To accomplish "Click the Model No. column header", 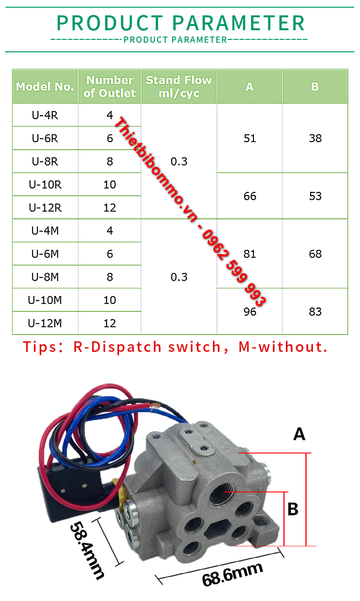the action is pos(45,87).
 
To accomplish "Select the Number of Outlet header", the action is pos(109,86).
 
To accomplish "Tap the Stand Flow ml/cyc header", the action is pos(179,86).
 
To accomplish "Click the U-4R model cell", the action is pos(45,115).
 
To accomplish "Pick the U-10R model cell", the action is pos(45,185).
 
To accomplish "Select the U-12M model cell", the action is pos(45,324).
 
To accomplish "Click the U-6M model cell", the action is pos(45,254).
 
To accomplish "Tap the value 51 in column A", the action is pos(250,138).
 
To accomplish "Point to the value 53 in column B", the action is pos(315,196).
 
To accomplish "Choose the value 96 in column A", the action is pos(250,312).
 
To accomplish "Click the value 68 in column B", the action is pos(315,254).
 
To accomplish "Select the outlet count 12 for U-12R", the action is pos(110,208).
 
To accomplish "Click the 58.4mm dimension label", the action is pos(87,550).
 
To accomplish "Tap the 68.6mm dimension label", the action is pos(232,574).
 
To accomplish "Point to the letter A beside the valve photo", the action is pos(300,434).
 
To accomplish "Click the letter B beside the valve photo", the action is pos(293,509).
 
